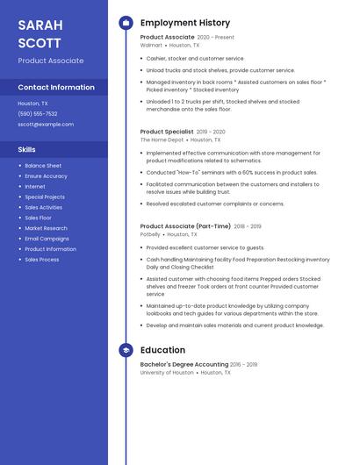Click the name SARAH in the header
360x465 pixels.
40,25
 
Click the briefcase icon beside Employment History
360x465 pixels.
126,23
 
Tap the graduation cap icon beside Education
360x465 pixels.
126,350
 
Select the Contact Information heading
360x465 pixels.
56,88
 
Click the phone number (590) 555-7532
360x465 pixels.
38,114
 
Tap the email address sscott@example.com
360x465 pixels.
46,125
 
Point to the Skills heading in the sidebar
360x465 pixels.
26,150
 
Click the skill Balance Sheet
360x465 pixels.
43,166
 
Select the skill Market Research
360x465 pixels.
46,228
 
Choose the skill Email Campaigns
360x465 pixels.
47,239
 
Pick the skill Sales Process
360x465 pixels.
42,260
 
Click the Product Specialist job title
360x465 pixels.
167,132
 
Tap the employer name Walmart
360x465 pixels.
151,45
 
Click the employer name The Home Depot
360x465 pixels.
162,139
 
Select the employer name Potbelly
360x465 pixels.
150,234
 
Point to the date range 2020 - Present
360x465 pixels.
216,38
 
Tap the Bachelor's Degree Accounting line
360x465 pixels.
184,364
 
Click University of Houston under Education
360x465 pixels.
167,372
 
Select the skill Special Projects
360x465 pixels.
45,197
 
